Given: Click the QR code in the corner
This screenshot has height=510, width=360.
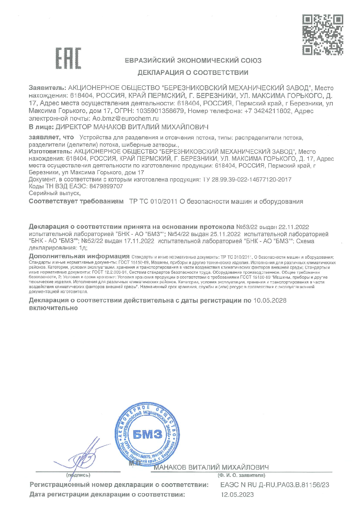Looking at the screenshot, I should click(322, 34).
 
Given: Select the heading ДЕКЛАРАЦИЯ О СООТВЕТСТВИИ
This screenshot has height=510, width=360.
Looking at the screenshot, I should click(193, 73).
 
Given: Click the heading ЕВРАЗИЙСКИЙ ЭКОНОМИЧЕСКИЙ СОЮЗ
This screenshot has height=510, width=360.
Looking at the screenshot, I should click(193, 60).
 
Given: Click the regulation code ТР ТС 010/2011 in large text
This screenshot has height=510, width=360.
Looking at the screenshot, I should click(152, 201).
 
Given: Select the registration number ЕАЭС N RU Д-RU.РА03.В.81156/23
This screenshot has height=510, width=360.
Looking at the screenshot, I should click(274, 485).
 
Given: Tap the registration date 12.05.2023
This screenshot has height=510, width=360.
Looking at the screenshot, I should click(238, 495).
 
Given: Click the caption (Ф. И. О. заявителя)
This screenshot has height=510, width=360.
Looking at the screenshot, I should click(241, 475).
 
